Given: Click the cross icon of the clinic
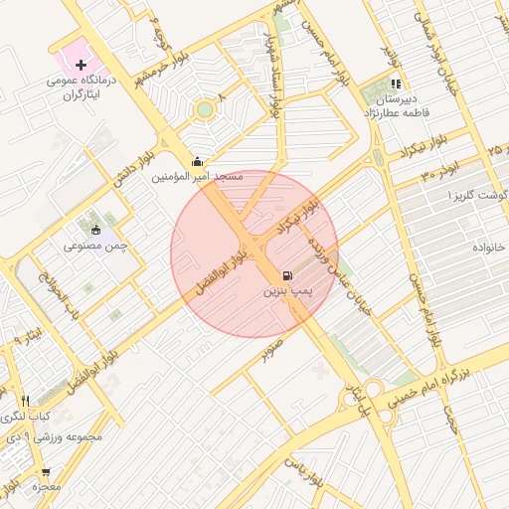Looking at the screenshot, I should pos(82,65).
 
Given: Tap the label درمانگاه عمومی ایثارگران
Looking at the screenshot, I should pos(84,87).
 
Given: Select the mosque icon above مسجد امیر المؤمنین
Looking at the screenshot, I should pos(197,162).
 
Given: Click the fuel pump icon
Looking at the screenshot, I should pos(287,275).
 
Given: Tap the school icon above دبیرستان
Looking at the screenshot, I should pos(397,85).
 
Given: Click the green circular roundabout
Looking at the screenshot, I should pos(205,108).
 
